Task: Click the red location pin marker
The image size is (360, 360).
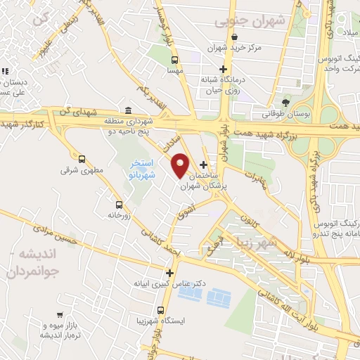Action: pyautogui.click(x=181, y=165)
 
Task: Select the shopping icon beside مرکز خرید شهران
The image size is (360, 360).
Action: pyautogui.click(x=234, y=37)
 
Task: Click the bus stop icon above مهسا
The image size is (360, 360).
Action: pyautogui.click(x=174, y=60)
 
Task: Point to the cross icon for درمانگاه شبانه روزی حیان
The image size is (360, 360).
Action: pyautogui.click(x=224, y=69)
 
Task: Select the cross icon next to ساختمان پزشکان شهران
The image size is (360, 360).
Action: pyautogui.click(x=204, y=165)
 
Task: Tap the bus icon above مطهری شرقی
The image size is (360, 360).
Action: pyautogui.click(x=82, y=160)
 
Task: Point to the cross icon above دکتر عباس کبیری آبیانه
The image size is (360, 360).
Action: pyautogui.click(x=169, y=273)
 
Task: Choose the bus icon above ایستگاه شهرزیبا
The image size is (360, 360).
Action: pyautogui.click(x=161, y=310)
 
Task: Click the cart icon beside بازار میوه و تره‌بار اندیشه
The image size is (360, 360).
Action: pyautogui.click(x=61, y=315)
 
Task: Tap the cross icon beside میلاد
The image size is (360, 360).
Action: pyautogui.click(x=336, y=33)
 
